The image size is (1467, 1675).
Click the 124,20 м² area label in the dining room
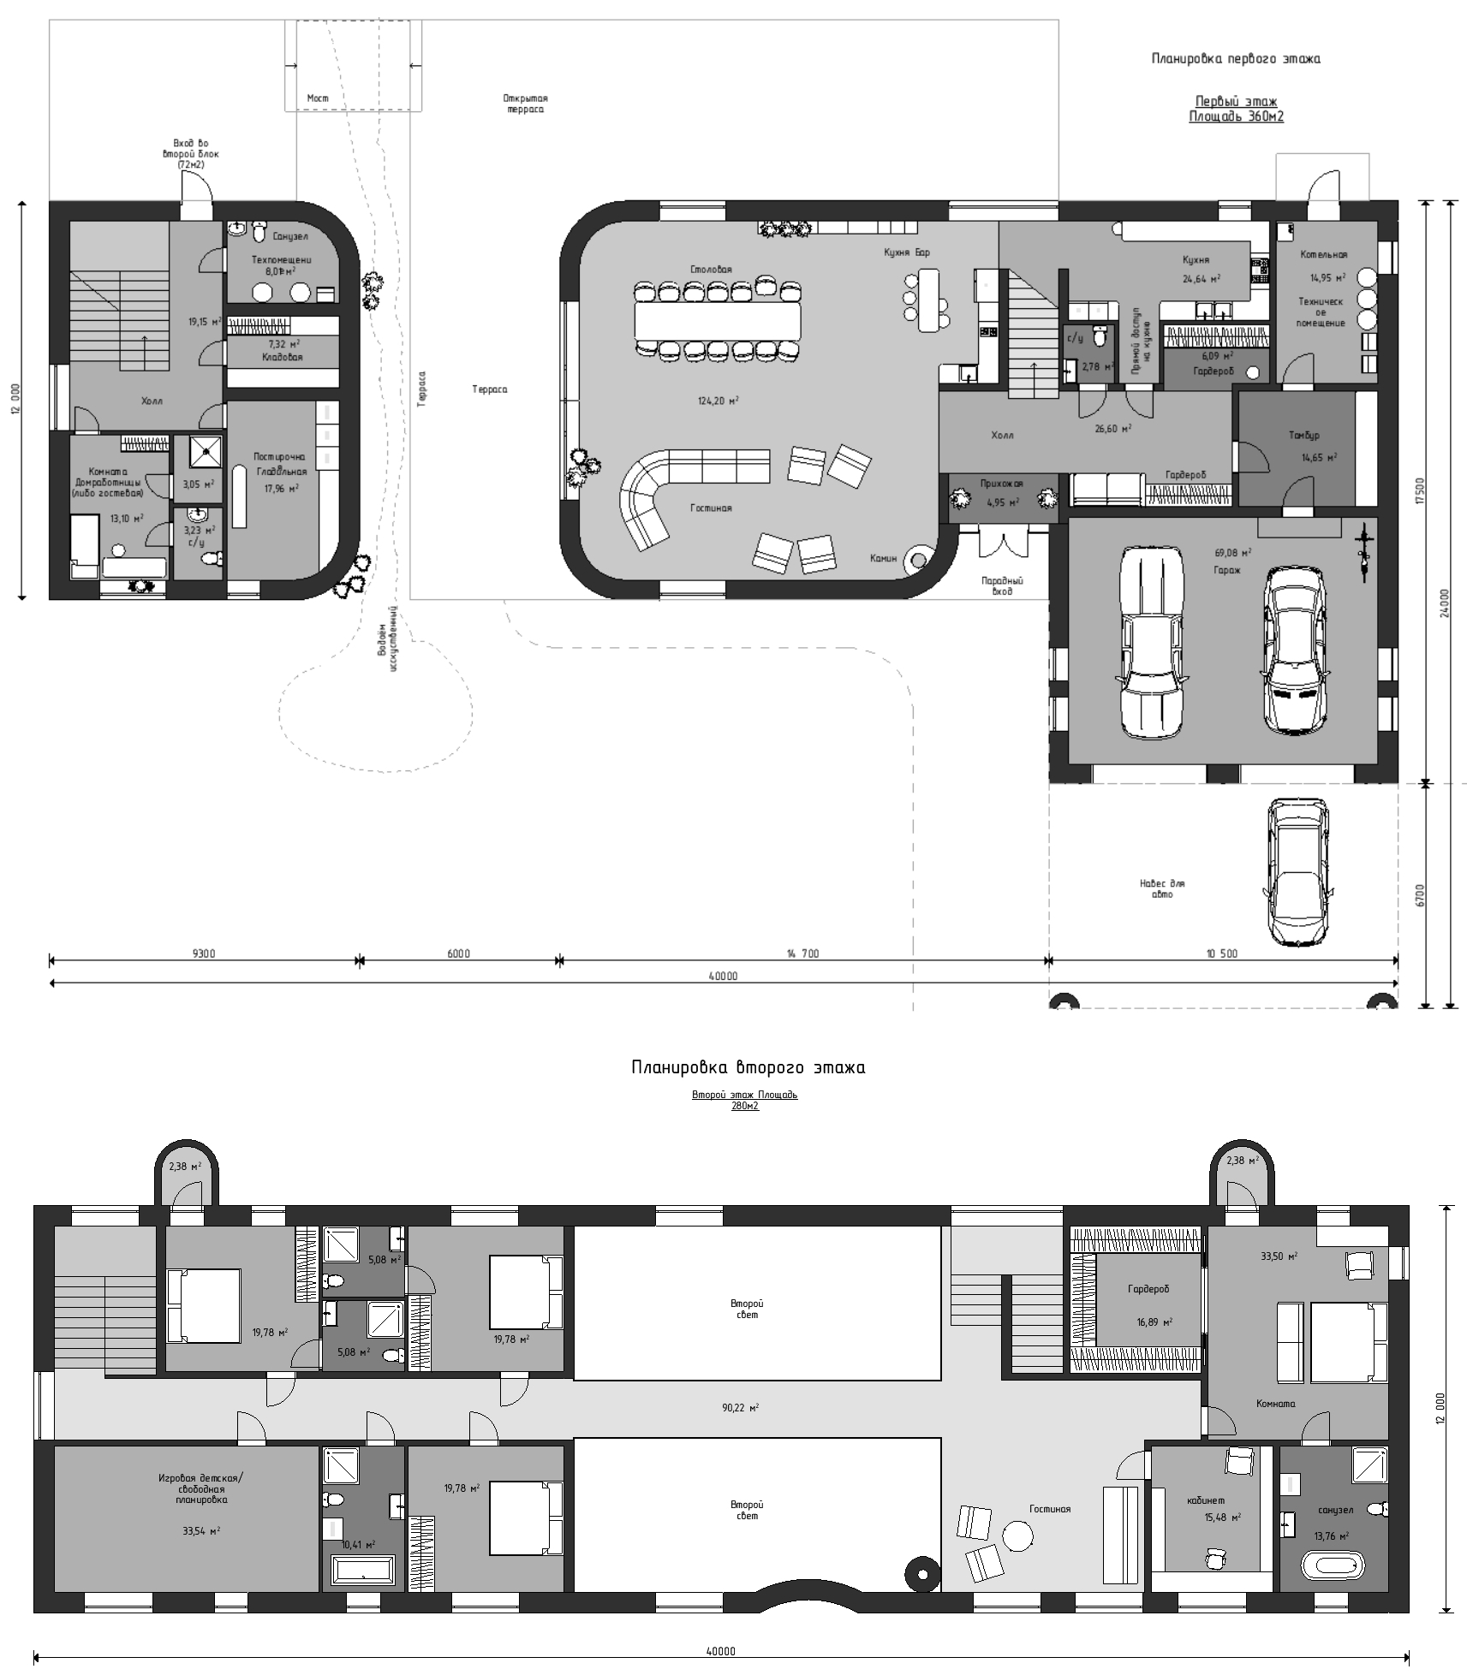pos(718,401)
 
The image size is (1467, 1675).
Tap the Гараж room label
pos(1226,569)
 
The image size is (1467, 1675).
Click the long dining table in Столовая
pos(718,322)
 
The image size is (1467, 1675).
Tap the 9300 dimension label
pos(203,953)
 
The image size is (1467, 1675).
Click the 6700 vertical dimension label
pos(1419,895)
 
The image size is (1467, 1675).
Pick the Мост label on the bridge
pos(318,98)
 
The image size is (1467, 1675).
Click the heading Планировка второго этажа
pos(748,1067)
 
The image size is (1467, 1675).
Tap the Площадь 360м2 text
pos(1236,116)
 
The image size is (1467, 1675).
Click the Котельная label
pos(1323,254)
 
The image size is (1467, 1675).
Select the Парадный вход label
pos(1002,585)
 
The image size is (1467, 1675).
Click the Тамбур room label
pos(1303,436)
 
